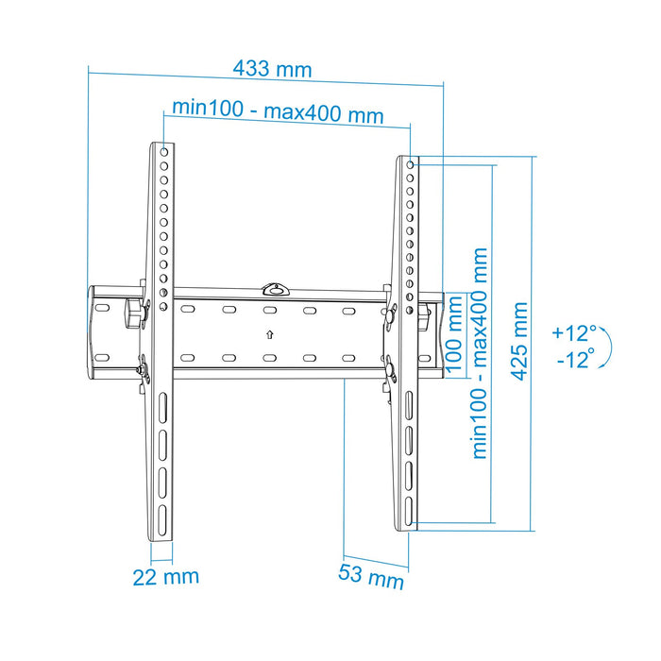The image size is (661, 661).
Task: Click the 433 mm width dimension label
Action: [272, 69]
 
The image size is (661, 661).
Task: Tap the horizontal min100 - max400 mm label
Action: [278, 113]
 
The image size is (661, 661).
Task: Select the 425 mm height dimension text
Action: [519, 341]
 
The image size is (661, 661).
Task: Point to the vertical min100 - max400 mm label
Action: [481, 353]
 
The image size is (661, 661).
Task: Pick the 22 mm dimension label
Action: [165, 576]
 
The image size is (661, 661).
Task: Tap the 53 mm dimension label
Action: [371, 574]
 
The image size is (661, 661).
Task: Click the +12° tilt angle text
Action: [576, 332]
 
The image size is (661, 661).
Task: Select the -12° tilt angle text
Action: [576, 359]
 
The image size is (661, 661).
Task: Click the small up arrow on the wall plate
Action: [269, 333]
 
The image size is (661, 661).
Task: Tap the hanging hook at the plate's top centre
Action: [275, 287]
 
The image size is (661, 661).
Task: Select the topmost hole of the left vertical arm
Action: [164, 151]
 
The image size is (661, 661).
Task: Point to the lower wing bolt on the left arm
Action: [143, 370]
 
